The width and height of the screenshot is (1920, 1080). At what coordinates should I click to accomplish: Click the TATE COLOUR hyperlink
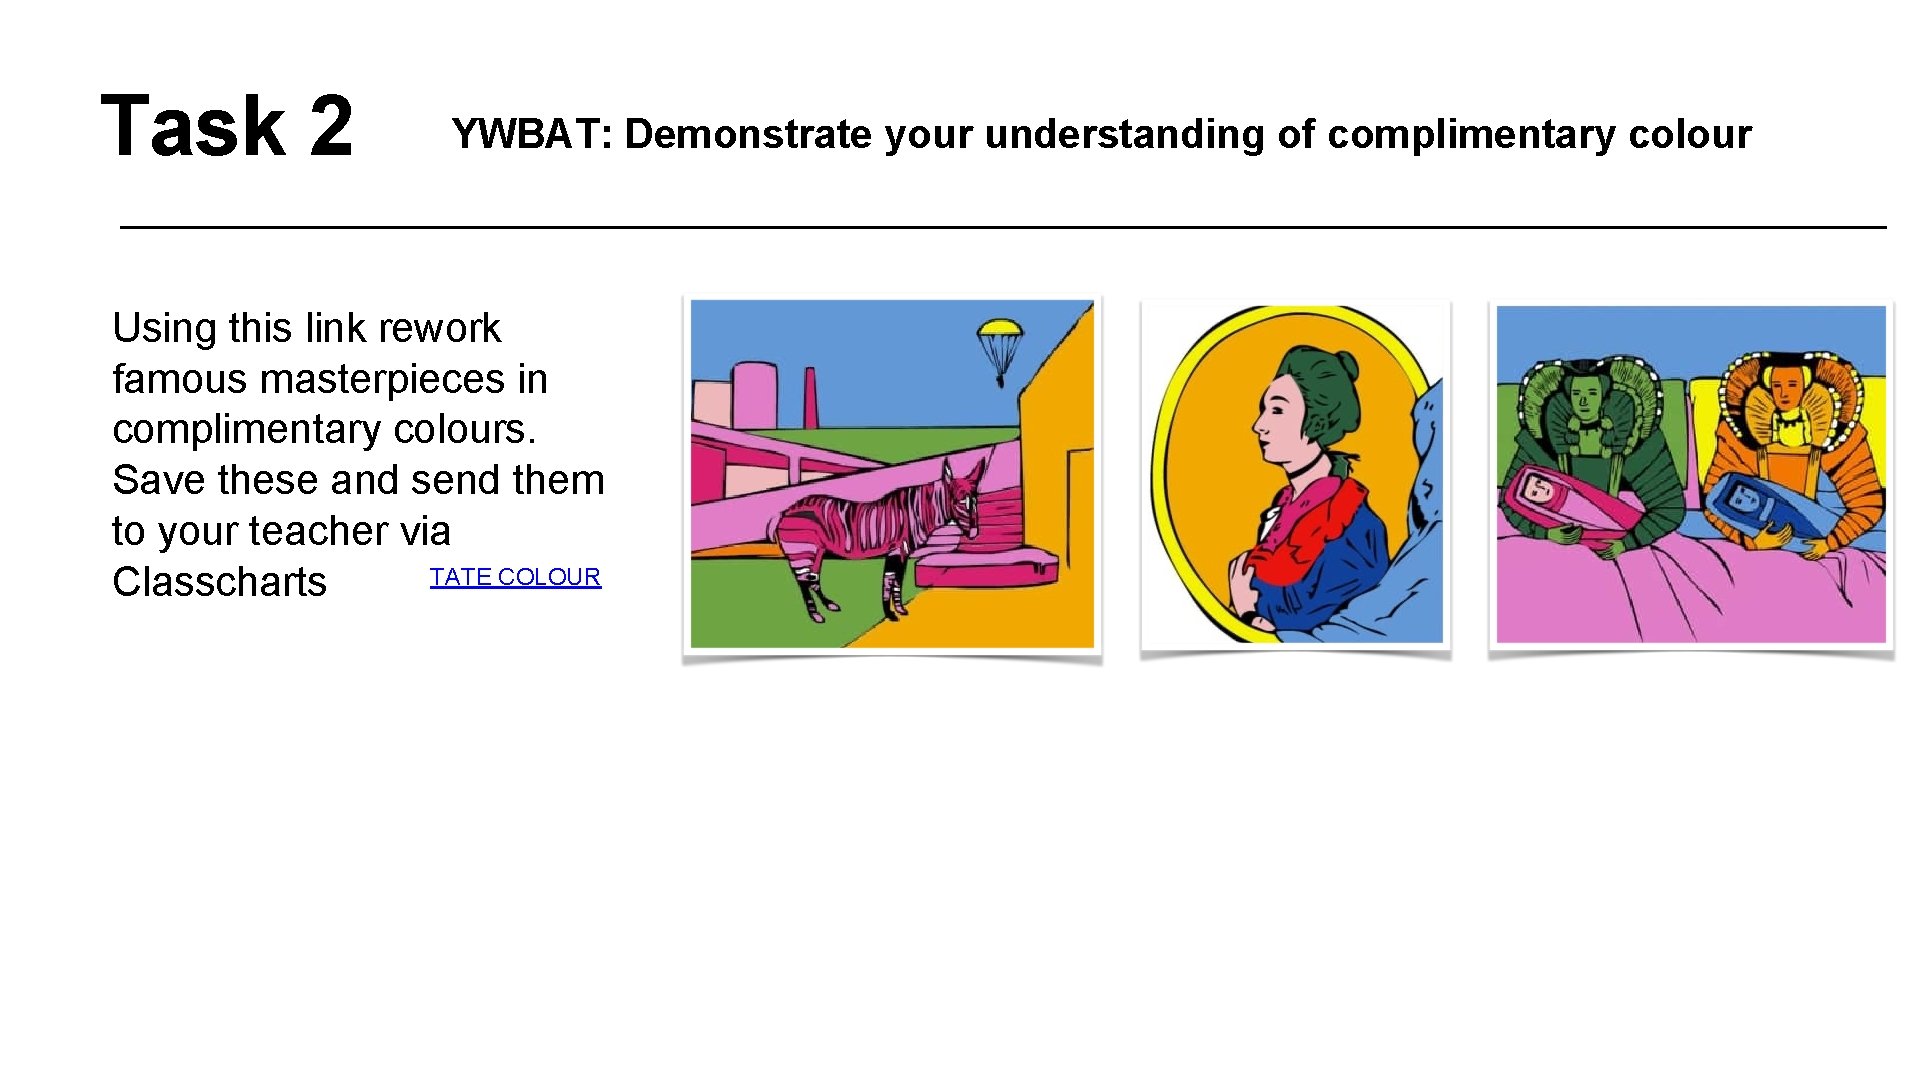(515, 577)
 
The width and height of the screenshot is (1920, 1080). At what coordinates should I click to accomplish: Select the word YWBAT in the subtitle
(531, 134)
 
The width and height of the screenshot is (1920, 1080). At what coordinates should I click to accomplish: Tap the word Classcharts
(219, 582)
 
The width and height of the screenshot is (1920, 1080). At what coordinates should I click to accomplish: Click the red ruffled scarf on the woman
(1320, 525)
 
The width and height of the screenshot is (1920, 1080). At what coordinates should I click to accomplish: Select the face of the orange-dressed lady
(1786, 388)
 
